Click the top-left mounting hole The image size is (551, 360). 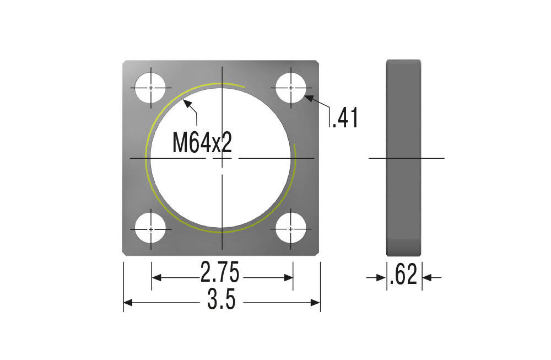(x=150, y=88)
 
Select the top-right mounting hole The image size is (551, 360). (x=291, y=88)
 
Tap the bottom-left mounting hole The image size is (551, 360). (x=150, y=229)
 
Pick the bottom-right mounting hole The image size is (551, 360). (x=291, y=229)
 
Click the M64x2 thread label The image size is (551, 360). (x=202, y=142)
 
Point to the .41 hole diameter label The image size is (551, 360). (x=345, y=118)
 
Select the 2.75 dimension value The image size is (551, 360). (x=220, y=272)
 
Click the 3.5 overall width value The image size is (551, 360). (x=221, y=299)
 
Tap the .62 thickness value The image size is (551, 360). (x=403, y=274)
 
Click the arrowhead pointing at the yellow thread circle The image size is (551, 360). (x=187, y=103)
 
